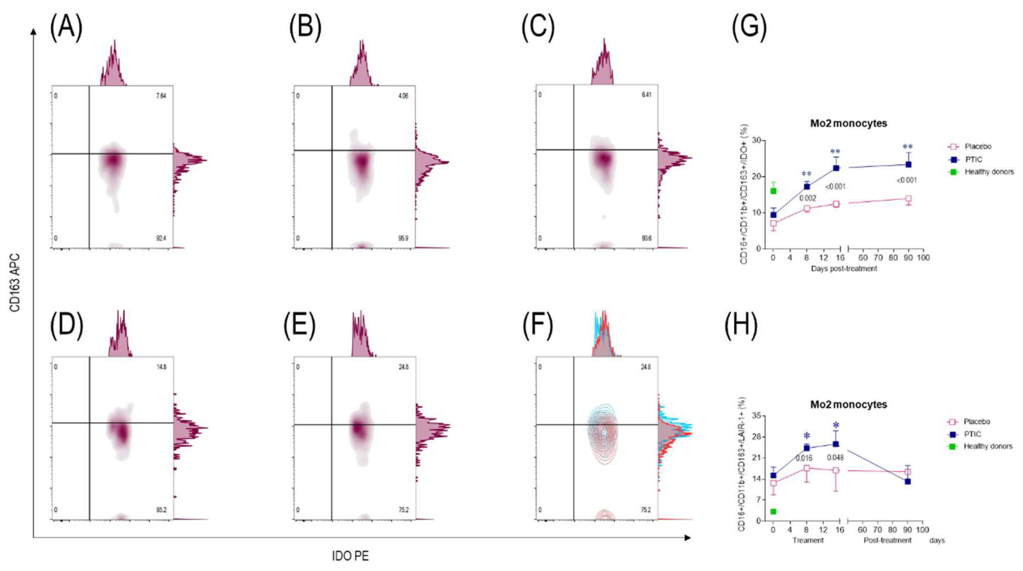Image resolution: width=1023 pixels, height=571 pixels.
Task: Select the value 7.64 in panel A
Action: (x=161, y=96)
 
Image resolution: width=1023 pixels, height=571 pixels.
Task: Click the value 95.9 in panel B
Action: (x=403, y=238)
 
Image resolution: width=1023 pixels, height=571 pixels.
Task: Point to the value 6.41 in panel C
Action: (x=646, y=95)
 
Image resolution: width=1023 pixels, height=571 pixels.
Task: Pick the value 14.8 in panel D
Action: (x=161, y=367)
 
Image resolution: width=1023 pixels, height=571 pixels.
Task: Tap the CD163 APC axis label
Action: (x=15, y=283)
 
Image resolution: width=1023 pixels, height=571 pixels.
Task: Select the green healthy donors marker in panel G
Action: (x=773, y=191)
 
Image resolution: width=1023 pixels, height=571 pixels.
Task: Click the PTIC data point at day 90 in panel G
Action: (x=908, y=164)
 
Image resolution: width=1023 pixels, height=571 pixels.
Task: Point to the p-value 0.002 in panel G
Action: (x=807, y=198)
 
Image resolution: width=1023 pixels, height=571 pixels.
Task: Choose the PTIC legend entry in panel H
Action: (x=972, y=434)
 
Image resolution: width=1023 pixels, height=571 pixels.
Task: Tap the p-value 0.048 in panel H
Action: (x=835, y=457)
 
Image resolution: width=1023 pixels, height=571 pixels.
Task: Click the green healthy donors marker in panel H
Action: (x=773, y=511)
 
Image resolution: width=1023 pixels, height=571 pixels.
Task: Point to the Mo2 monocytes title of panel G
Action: (x=848, y=123)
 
